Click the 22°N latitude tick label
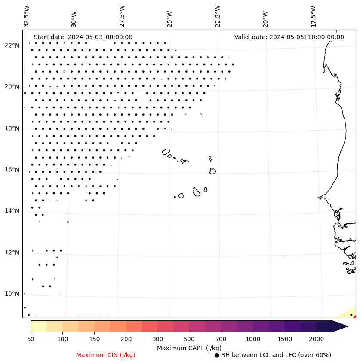click(12, 46)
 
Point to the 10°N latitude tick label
click(12, 294)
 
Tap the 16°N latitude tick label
click(12, 170)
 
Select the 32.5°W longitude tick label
click(27, 16)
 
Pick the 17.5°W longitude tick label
click(313, 16)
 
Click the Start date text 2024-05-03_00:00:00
click(83, 37)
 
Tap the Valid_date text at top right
click(289, 37)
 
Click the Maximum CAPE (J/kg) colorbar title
click(189, 348)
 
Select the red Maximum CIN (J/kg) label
click(106, 355)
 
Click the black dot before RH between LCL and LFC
click(217, 355)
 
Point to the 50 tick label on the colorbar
click(31, 339)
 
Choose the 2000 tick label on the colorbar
click(316, 339)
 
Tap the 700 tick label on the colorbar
click(221, 339)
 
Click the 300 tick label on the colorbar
click(157, 339)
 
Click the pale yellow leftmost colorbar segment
click(38, 326)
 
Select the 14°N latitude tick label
click(12, 211)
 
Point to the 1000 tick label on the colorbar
click(253, 339)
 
